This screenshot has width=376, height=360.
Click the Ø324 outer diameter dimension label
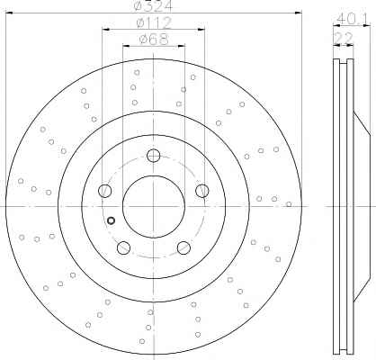coord(154,5)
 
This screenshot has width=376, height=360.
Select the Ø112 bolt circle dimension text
coord(154,22)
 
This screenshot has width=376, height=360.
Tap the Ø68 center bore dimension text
coord(154,40)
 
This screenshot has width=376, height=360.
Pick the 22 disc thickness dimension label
coord(344,38)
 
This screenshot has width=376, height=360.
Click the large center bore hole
coord(154,207)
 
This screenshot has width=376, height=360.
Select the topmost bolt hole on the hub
coord(153,156)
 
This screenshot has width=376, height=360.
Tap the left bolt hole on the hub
coord(104,191)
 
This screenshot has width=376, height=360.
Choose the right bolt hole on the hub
coord(202,191)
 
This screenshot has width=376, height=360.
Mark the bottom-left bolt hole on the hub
coord(123,247)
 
